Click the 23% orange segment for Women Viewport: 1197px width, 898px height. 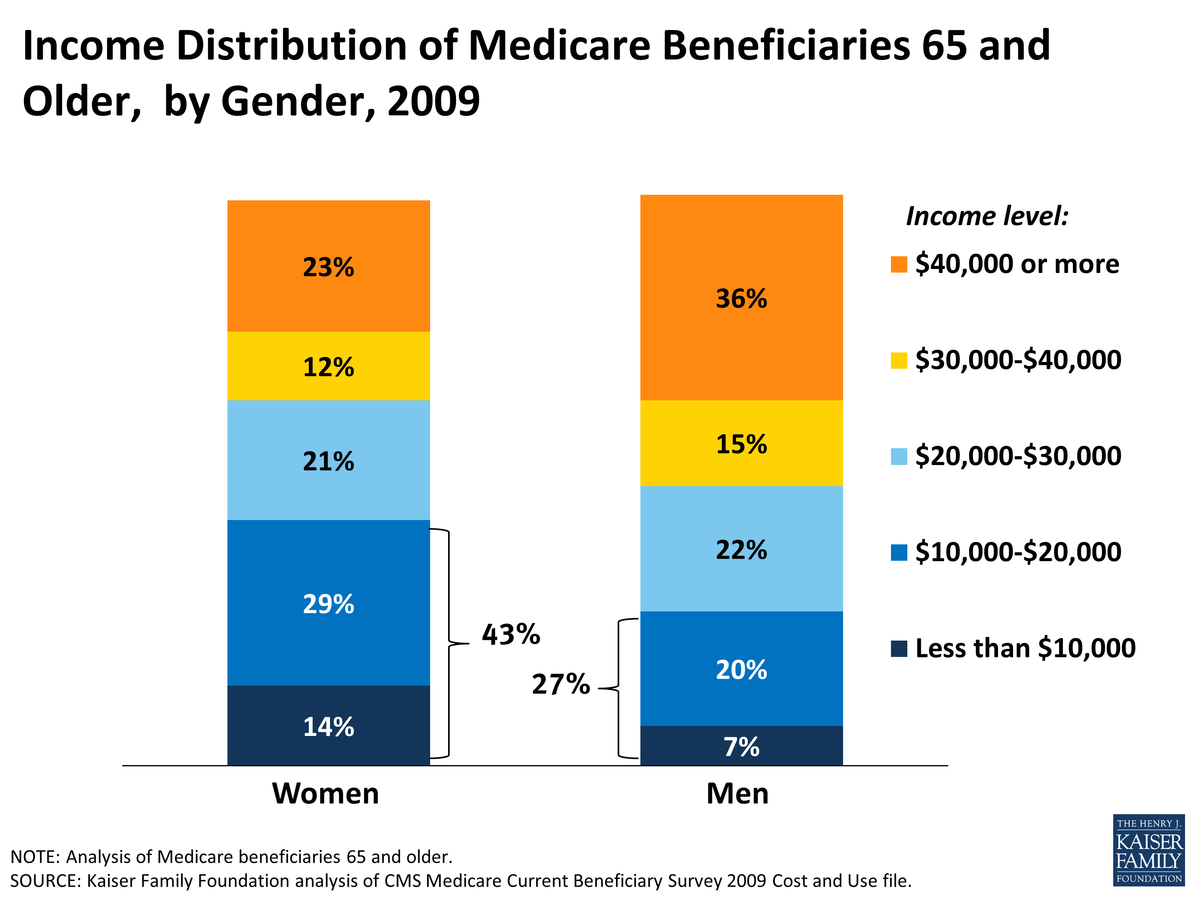point(328,266)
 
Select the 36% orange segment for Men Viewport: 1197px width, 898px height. point(741,298)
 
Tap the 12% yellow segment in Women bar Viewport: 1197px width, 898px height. point(328,366)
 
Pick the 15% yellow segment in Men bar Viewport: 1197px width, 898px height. point(741,443)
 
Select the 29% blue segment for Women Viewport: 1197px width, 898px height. point(328,603)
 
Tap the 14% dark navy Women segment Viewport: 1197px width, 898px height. point(328,726)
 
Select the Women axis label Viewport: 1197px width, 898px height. point(325,793)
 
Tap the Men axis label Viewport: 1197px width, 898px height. point(737,793)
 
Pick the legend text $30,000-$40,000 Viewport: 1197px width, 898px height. point(1017,360)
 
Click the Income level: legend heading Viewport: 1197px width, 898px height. point(987,216)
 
